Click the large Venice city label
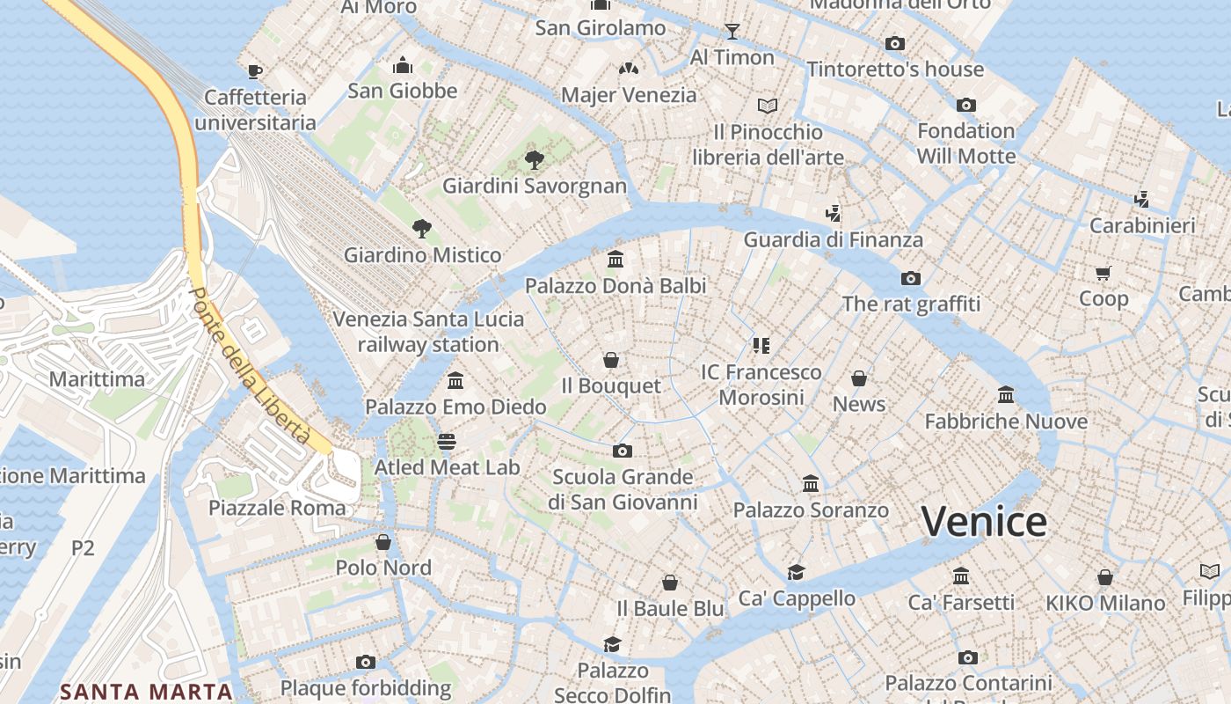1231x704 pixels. pos(984,521)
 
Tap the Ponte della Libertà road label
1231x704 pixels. pos(251,365)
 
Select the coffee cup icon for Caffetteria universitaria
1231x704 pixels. pos(255,71)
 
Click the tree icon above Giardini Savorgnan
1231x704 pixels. pos(534,159)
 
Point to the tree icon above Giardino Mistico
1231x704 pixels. pos(422,229)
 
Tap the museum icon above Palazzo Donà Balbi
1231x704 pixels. pos(615,260)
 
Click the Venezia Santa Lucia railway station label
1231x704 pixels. pos(428,332)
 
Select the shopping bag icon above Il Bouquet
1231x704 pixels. pos(611,360)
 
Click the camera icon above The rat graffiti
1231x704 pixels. pos(911,278)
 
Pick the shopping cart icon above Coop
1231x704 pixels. pos(1104,273)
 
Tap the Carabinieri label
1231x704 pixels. pos(1142,225)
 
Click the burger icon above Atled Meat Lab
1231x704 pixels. pos(447,441)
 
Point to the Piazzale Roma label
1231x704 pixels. pos(277,508)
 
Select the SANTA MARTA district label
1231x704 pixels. pos(146,692)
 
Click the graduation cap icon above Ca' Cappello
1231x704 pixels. pos(797,572)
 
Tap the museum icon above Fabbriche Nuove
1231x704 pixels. pos(1006,394)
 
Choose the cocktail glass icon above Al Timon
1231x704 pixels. pos(732,32)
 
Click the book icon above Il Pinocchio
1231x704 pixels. pos(768,106)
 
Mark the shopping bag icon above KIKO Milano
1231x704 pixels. pos(1105,577)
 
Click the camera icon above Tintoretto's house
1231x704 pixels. pos(895,43)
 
